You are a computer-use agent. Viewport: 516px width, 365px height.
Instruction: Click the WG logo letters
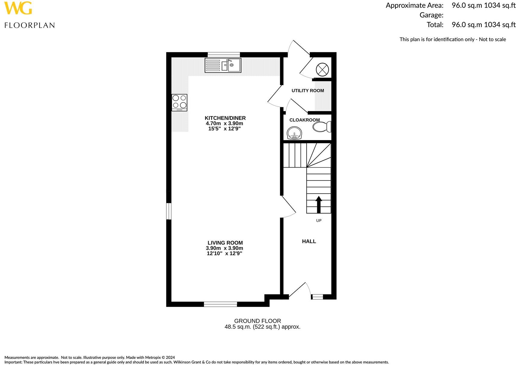[x=18, y=8]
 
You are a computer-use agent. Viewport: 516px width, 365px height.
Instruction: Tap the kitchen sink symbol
[x=223, y=66]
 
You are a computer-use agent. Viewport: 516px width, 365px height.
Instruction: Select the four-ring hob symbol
[x=179, y=102]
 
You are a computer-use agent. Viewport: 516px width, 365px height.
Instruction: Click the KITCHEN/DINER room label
[x=225, y=118]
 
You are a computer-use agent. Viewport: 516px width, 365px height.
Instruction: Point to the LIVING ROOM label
[x=225, y=243]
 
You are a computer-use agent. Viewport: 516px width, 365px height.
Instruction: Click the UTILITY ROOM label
[x=308, y=91]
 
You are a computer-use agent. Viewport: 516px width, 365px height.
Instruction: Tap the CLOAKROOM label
[x=304, y=120]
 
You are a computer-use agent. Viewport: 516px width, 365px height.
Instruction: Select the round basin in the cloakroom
[x=294, y=133]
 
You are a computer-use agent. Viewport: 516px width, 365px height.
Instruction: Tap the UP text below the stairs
[x=319, y=220]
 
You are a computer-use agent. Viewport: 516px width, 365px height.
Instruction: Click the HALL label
[x=309, y=241]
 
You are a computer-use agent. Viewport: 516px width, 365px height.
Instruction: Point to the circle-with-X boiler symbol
[x=322, y=70]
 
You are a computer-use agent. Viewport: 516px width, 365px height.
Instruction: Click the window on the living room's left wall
[x=169, y=211]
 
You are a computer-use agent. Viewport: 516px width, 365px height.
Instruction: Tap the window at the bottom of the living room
[x=220, y=304]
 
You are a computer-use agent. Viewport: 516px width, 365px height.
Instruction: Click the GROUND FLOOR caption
[x=257, y=321]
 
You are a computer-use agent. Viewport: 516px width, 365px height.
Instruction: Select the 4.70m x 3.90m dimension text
[x=224, y=123]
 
